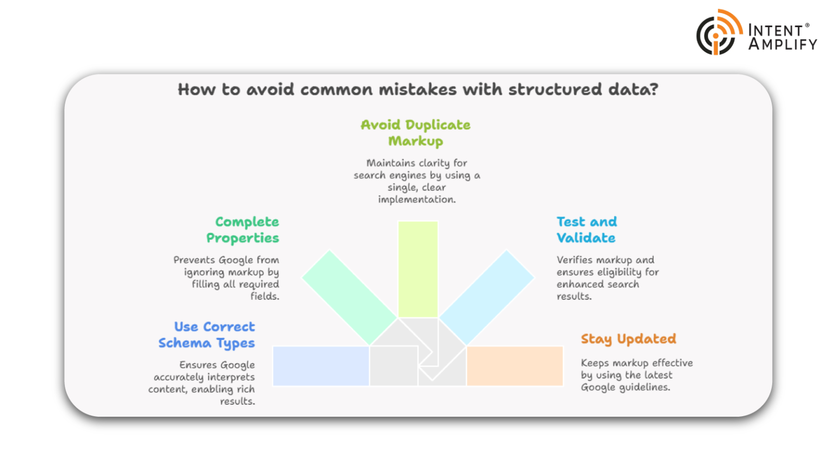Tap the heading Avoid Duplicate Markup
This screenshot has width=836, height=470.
[x=416, y=133]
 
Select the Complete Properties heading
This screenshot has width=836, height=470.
[x=243, y=230]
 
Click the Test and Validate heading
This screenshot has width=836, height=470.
[x=586, y=230]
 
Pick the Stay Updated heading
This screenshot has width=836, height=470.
[x=628, y=339]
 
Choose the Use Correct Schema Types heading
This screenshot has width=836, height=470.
[x=207, y=335]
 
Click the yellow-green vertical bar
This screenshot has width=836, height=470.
[x=417, y=269]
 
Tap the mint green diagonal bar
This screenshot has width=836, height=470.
[x=349, y=297]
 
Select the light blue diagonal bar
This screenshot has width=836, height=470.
[x=487, y=297]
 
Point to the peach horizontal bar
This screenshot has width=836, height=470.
[x=514, y=366]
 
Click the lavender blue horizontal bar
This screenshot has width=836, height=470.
[x=321, y=366]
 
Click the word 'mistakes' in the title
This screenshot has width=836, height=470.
[x=419, y=89]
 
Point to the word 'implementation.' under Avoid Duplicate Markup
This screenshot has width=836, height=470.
[x=417, y=200]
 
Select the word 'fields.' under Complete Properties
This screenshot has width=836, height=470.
[x=265, y=296]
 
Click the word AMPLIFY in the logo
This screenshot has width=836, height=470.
[x=783, y=44]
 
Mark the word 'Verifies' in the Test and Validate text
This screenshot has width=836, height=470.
[x=575, y=260]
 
